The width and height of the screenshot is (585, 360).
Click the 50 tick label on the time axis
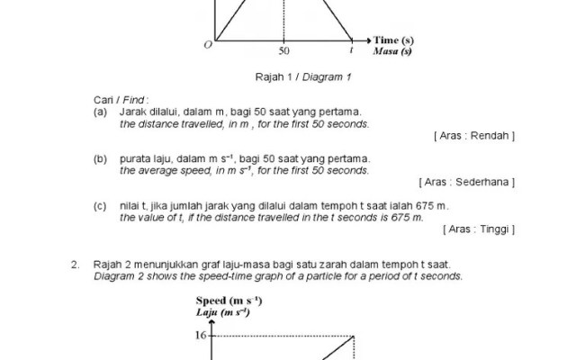[283, 51]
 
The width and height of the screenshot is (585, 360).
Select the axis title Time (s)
[394, 40]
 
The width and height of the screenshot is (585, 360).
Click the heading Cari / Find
[121, 99]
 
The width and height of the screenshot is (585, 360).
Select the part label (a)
[101, 112]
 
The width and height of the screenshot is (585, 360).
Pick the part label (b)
[101, 158]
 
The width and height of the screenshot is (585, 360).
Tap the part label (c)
[101, 206]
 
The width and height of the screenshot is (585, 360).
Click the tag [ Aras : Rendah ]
[473, 135]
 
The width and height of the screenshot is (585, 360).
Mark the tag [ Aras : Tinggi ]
[479, 229]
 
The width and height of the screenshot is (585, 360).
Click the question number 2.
[75, 265]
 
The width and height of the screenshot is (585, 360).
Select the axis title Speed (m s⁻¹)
[229, 300]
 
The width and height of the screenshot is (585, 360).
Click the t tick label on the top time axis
[351, 51]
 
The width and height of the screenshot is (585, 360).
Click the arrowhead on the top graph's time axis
[366, 40]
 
